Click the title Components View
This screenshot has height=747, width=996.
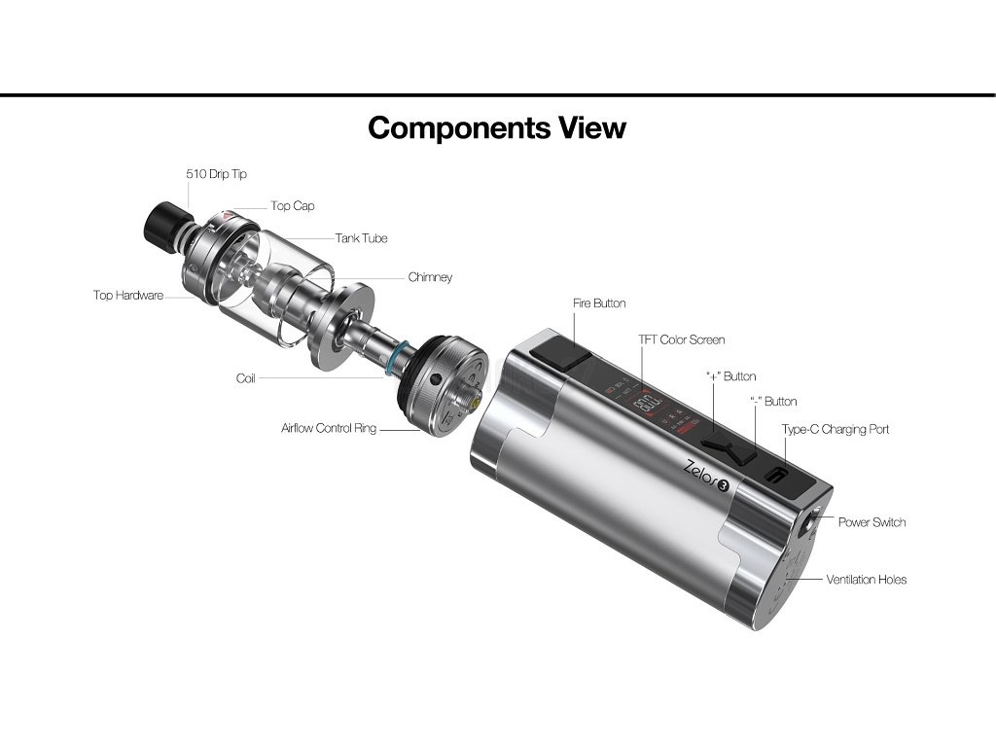tap(497, 127)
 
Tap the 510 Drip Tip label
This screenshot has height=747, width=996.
tap(217, 174)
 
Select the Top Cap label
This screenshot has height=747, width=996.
tap(293, 206)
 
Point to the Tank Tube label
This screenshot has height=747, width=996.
tap(362, 238)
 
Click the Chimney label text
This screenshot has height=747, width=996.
tap(430, 277)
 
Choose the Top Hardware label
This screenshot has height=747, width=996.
tap(128, 296)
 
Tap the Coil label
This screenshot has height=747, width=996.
tap(246, 378)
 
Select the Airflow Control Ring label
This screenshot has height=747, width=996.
tap(329, 428)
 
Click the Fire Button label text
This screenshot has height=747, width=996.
tap(599, 303)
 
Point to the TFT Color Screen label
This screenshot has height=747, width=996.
tap(681, 340)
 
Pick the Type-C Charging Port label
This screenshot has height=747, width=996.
tap(836, 429)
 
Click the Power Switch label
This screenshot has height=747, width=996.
tap(872, 522)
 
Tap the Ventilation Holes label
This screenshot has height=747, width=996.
tap(867, 580)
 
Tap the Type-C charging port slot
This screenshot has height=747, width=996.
tap(779, 476)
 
